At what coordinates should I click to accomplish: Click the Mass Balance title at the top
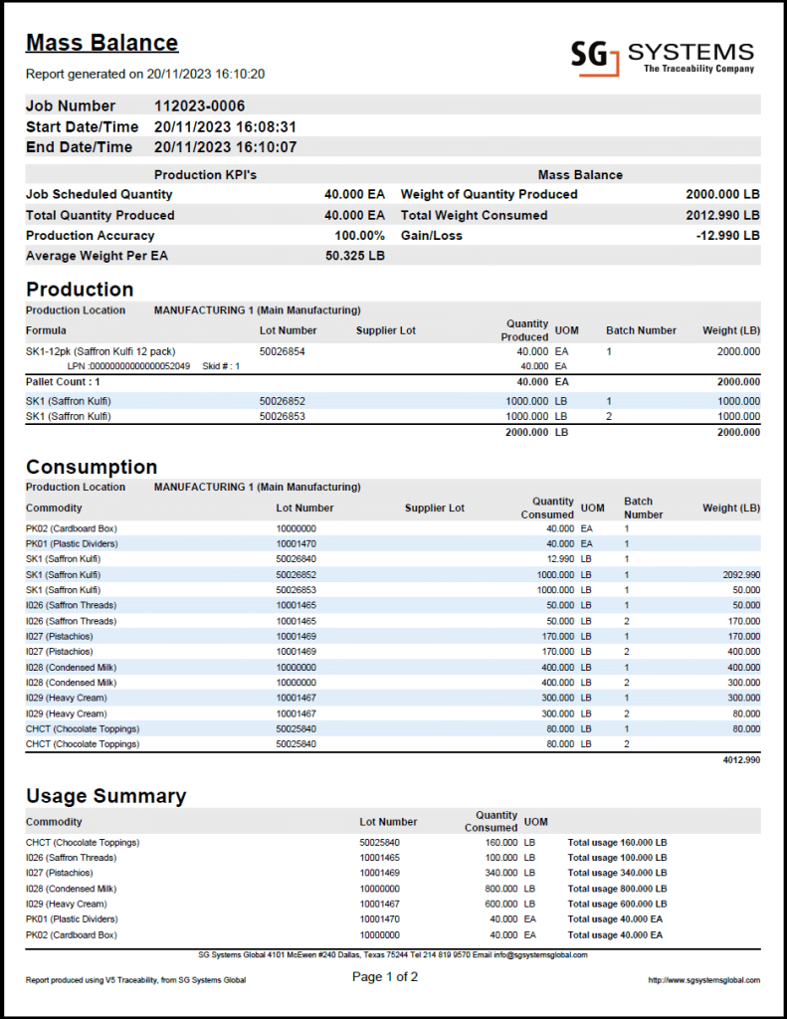click(x=101, y=43)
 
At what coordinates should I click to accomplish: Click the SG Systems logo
click(x=662, y=56)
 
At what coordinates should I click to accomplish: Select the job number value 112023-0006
click(x=199, y=106)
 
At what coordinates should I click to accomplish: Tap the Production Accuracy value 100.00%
click(x=359, y=236)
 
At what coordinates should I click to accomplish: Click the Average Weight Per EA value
click(x=354, y=257)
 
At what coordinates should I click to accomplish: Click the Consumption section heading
click(x=92, y=467)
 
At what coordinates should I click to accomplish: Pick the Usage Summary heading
click(x=105, y=796)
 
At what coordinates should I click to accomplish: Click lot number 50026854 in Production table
click(x=282, y=351)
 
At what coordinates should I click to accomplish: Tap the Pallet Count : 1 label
click(x=63, y=381)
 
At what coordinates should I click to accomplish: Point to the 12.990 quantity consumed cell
click(x=554, y=559)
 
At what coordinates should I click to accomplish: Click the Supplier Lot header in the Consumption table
click(x=434, y=509)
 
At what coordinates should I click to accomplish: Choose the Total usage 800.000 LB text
click(x=617, y=889)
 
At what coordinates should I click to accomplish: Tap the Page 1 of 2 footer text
click(x=385, y=977)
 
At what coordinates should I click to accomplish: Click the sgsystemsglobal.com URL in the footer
click(x=703, y=980)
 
